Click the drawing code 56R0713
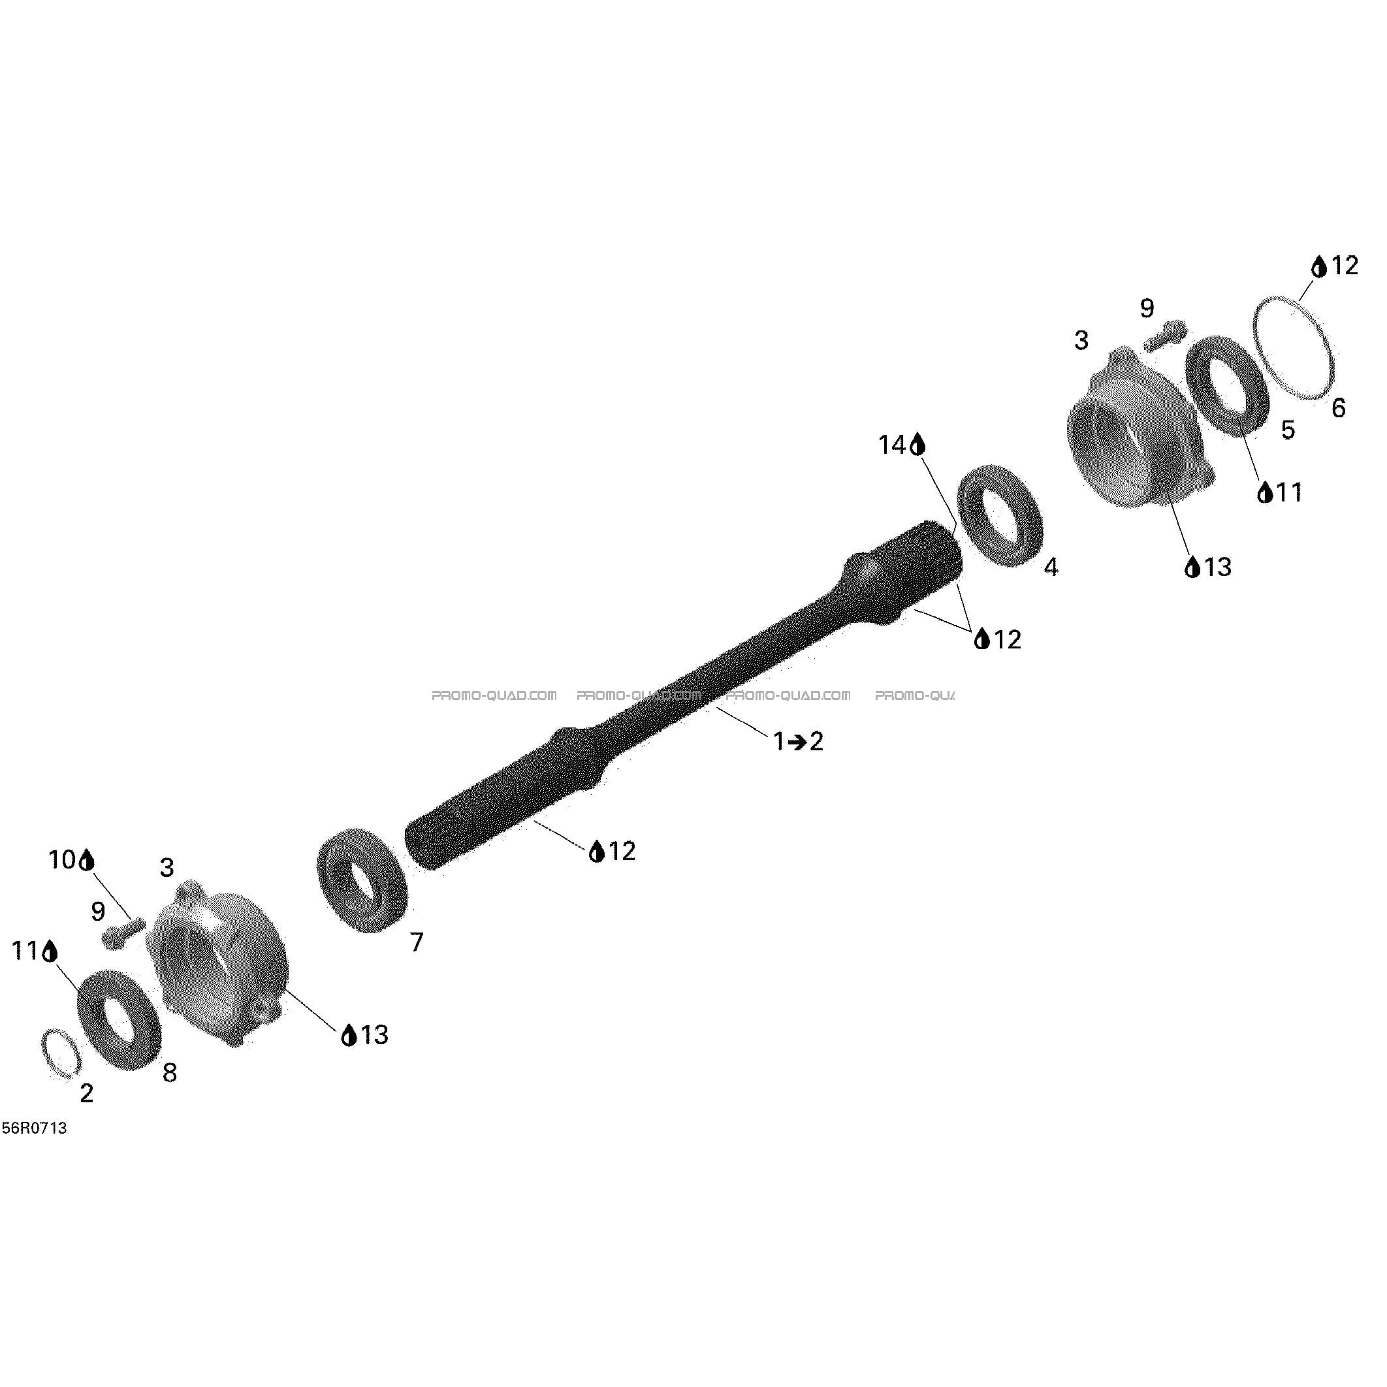pos(35,1128)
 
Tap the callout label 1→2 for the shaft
pos(797,742)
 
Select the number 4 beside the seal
pos(1050,567)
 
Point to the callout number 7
pos(417,942)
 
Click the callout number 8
pos(169,1072)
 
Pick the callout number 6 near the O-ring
pos(1338,407)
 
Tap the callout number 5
pos(1288,430)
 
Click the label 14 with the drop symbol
pos(902,445)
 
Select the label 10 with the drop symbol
pos(72,860)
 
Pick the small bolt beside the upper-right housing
pos(1164,335)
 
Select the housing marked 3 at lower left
pos(215,963)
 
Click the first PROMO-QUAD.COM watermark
pos(494,695)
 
